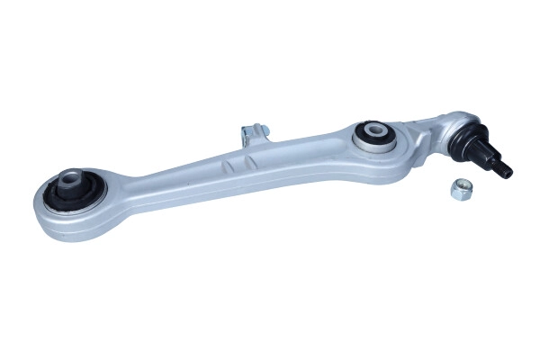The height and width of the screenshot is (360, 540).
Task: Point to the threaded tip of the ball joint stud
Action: (x=506, y=170)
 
